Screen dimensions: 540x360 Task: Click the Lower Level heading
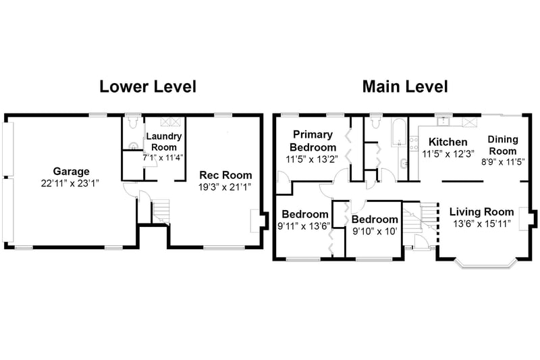click(148, 86)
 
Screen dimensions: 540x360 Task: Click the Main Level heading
click(405, 86)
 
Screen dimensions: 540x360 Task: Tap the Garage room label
click(71, 171)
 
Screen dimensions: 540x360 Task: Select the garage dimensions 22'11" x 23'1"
click(70, 183)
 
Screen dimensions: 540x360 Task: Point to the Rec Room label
click(225, 175)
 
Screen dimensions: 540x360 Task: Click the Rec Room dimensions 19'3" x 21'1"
click(225, 187)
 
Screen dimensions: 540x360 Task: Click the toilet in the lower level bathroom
click(132, 123)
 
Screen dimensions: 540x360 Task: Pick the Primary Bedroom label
click(313, 140)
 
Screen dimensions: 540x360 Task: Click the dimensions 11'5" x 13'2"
click(312, 159)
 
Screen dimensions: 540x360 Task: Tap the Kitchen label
click(448, 142)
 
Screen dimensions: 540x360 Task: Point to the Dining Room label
click(503, 145)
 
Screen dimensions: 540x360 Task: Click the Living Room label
click(481, 212)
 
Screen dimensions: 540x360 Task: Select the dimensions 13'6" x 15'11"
click(481, 224)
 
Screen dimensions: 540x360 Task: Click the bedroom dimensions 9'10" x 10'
click(375, 231)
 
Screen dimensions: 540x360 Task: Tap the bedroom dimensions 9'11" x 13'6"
click(304, 226)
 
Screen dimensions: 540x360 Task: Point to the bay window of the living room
click(485, 263)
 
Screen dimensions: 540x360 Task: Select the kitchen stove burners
click(414, 144)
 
